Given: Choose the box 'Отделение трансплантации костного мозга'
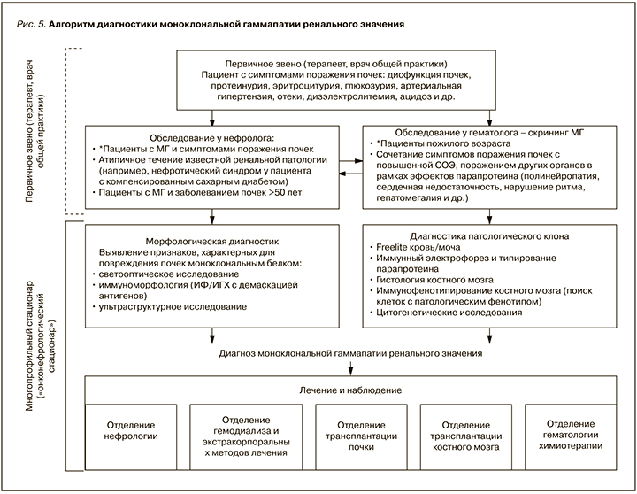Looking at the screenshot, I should (x=464, y=431).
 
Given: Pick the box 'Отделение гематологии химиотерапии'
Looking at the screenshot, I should (x=571, y=431).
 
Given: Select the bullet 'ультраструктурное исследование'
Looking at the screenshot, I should (x=173, y=305).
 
